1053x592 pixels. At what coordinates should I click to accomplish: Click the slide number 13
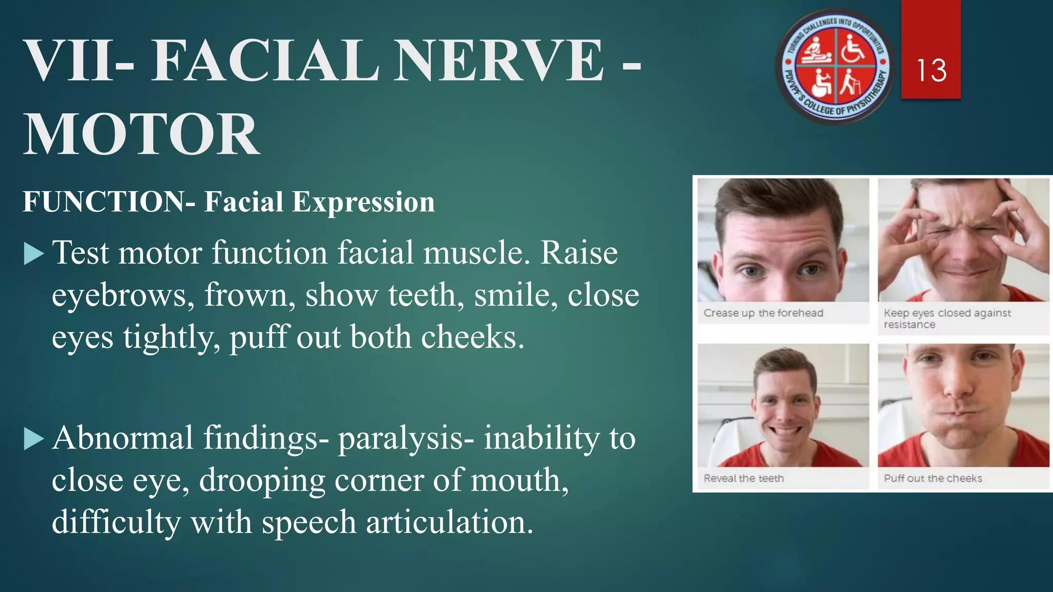pyautogui.click(x=931, y=70)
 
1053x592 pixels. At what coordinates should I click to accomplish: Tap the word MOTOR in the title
pyautogui.click(x=142, y=135)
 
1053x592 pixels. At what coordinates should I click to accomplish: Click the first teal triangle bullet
pyautogui.click(x=34, y=254)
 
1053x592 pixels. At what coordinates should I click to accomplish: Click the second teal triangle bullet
pyautogui.click(x=34, y=439)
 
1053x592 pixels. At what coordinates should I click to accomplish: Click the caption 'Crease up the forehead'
pyautogui.click(x=763, y=313)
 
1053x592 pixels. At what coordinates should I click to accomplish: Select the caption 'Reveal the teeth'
pyautogui.click(x=743, y=478)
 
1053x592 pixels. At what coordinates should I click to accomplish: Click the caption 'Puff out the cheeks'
pyautogui.click(x=933, y=478)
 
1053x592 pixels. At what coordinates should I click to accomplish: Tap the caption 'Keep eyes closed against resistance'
pyautogui.click(x=947, y=319)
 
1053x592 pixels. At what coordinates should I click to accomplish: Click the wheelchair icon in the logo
pyautogui.click(x=854, y=47)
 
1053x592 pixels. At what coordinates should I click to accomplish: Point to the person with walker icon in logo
pyautogui.click(x=852, y=83)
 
